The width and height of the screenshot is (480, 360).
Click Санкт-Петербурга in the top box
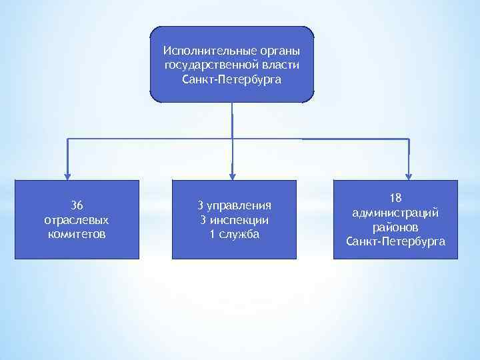point(231,79)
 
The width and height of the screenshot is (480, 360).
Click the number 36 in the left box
point(77,205)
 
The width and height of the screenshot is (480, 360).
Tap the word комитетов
point(77,234)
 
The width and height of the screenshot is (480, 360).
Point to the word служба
point(238,234)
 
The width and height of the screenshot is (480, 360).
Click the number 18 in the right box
point(395,198)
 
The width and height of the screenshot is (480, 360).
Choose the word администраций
point(395,213)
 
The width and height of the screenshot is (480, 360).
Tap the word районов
point(395,227)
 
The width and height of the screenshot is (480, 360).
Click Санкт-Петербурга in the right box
point(395,241)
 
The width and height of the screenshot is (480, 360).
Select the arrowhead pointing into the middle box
point(232,175)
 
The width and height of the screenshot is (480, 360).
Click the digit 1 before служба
point(212,234)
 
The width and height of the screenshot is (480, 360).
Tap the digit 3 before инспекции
point(203,219)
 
